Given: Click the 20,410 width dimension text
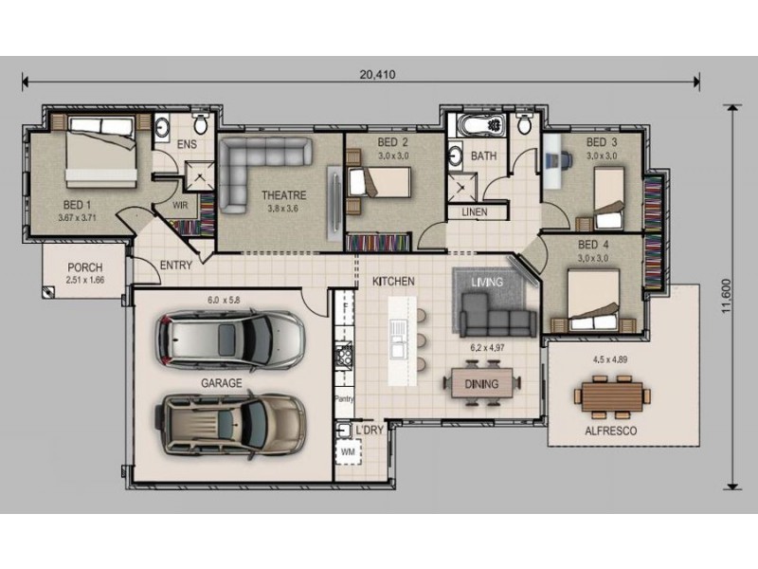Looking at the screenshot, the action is click(377, 75).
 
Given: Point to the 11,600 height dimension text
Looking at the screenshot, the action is click(726, 296).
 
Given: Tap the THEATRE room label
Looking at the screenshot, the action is click(283, 195).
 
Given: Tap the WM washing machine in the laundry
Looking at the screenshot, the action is click(349, 452).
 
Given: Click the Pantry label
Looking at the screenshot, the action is click(344, 398).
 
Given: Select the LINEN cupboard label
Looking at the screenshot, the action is click(475, 211).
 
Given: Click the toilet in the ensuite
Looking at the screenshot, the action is click(200, 123).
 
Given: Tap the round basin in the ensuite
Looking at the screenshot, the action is click(161, 127).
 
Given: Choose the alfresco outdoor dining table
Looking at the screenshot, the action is click(612, 396).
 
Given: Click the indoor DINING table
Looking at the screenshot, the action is click(482, 383).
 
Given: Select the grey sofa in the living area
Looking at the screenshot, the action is click(497, 315).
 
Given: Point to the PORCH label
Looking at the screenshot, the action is click(85, 267).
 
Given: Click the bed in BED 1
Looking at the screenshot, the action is click(101, 152).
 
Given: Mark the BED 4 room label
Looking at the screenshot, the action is click(593, 245).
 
